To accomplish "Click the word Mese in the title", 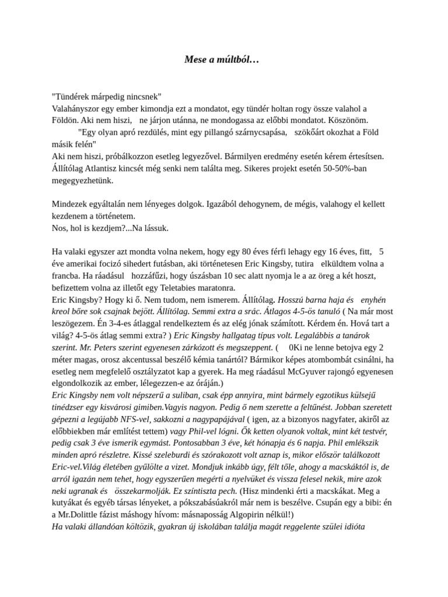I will (195, 59).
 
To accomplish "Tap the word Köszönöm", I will (346, 120).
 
